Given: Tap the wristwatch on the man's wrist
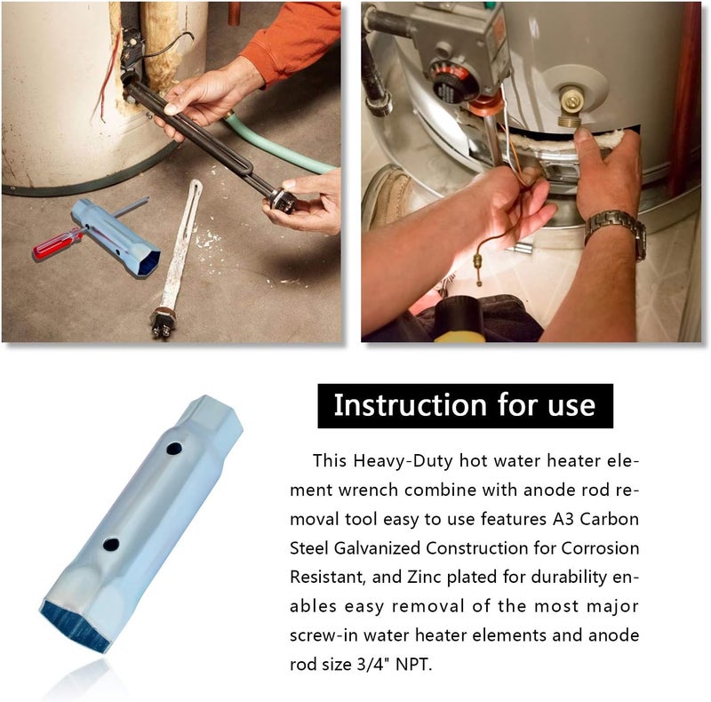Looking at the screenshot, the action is pyautogui.click(x=617, y=230).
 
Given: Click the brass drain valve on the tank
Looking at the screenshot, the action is pyautogui.click(x=572, y=107).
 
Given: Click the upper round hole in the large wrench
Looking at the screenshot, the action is pyautogui.click(x=174, y=449).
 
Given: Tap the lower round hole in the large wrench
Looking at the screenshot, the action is pyautogui.click(x=111, y=544).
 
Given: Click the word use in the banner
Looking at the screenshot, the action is pyautogui.click(x=571, y=406).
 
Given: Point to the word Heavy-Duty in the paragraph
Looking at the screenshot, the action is pyautogui.click(x=403, y=462).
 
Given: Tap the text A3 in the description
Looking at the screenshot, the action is pyautogui.click(x=563, y=519).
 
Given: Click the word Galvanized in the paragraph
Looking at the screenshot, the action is pyautogui.click(x=377, y=549).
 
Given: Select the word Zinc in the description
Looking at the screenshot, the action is pyautogui.click(x=425, y=578).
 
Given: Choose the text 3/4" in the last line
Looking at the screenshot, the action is pyautogui.click(x=373, y=665).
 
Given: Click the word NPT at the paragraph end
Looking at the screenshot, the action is pyautogui.click(x=411, y=665).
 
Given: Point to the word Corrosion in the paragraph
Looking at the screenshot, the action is pyautogui.click(x=600, y=548).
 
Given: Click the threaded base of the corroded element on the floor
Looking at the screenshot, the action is pyautogui.click(x=163, y=323).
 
